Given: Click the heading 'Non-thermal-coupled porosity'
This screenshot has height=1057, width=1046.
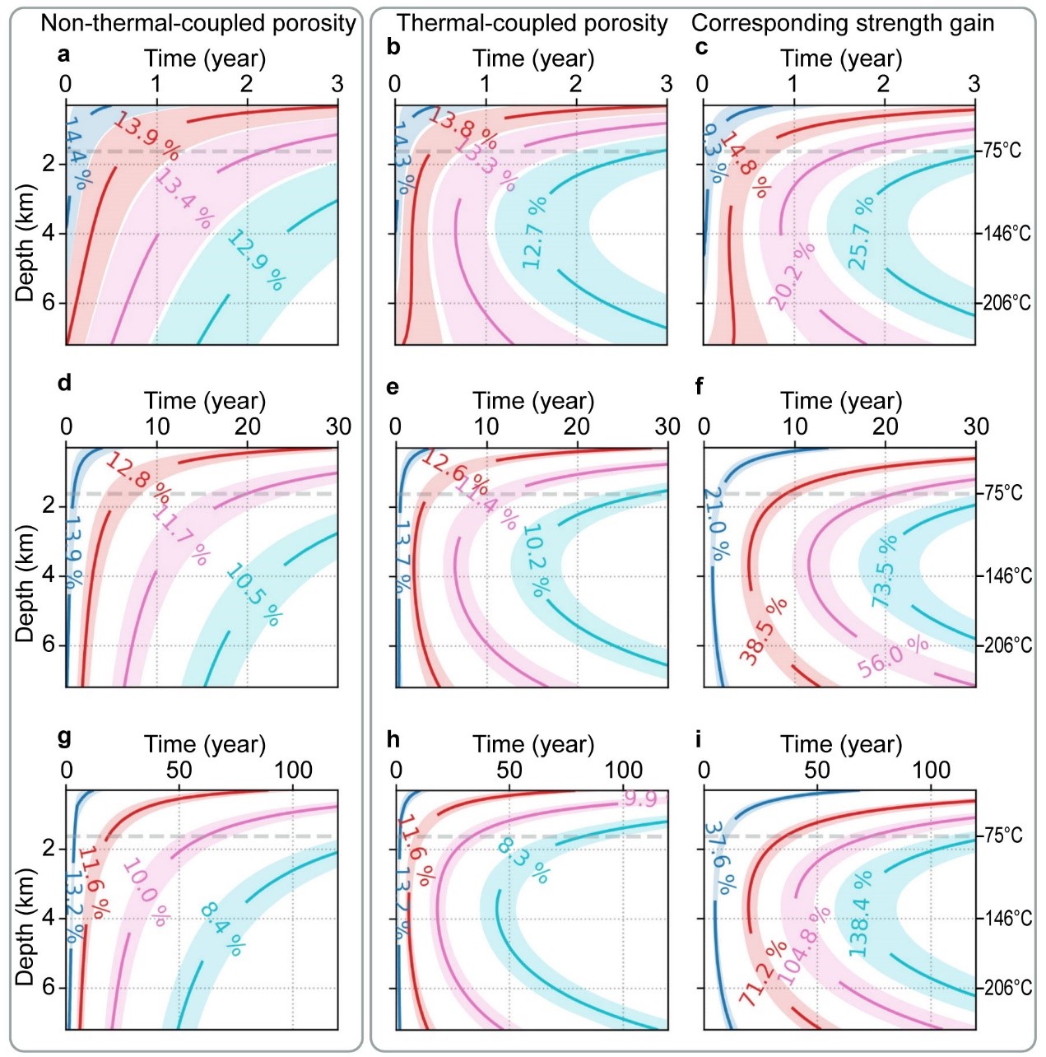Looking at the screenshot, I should point(198,23).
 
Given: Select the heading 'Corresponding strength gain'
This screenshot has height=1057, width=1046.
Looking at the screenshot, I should point(843,23).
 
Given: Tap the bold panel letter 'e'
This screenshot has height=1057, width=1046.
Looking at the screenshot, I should point(393,386).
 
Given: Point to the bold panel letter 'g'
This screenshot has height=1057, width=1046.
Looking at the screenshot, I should point(64,737).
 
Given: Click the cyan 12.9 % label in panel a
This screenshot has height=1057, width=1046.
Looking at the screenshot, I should point(256,261).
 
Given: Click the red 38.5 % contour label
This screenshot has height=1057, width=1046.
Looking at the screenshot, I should point(763,631).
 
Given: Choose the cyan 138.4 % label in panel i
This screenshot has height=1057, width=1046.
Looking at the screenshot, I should point(861,915).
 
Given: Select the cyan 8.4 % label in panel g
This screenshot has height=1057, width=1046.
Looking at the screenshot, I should point(221,929).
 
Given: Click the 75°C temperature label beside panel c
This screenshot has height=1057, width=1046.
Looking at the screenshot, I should point(1003,151).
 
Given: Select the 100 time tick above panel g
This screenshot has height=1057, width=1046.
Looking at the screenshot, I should point(293,771).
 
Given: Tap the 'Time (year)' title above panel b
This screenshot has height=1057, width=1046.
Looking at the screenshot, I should point(533,58).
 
